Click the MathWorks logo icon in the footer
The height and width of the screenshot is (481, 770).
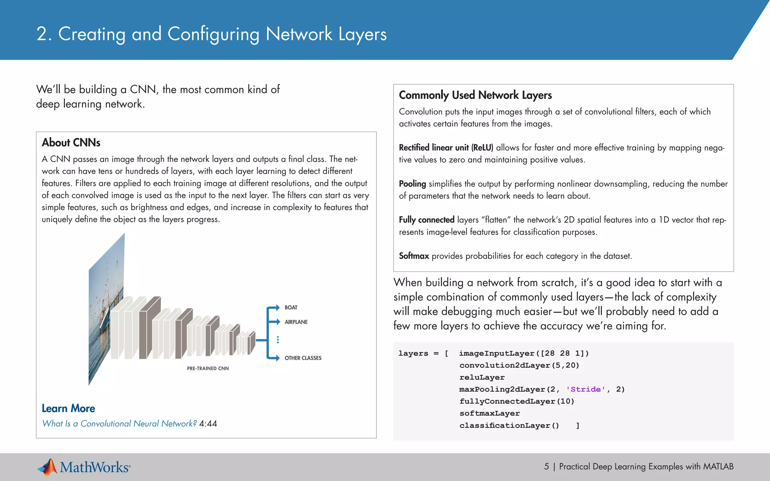coord(48,467)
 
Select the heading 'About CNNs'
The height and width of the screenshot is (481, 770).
coord(71,142)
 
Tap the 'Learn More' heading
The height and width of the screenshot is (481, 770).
coord(68,408)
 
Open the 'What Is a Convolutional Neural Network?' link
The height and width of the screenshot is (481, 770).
coord(119,424)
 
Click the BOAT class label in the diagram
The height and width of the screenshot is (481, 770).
coord(291,307)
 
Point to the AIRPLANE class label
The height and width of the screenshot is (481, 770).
coord(296,322)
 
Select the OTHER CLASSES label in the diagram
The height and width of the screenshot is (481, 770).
coord(303,358)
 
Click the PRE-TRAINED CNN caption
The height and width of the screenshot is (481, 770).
coord(208,369)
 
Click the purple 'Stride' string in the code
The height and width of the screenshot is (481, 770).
coord(585,389)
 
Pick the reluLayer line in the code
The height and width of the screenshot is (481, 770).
coord(482,377)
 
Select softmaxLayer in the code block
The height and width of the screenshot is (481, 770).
coord(490,413)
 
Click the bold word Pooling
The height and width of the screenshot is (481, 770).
coord(412,184)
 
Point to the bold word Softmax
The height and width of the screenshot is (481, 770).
coord(414,256)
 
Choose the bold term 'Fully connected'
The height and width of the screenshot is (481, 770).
coord(427,220)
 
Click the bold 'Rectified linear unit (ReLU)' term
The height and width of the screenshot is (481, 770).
coord(446,148)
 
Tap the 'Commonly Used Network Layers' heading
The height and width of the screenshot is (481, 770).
coord(475,95)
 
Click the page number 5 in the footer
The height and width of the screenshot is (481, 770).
coord(546,467)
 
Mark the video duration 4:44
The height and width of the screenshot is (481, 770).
coord(208,424)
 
